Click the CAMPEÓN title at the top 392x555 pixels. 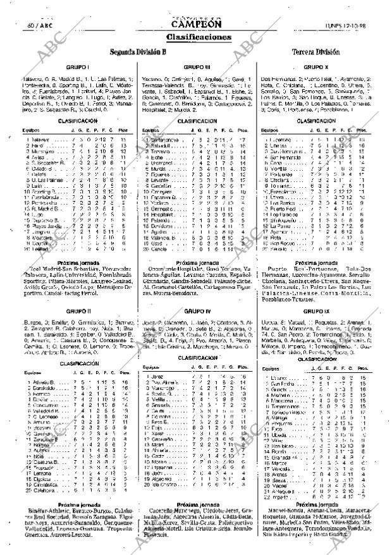(196, 25)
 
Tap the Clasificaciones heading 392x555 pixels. (196, 37)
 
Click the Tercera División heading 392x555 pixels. (316, 52)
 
